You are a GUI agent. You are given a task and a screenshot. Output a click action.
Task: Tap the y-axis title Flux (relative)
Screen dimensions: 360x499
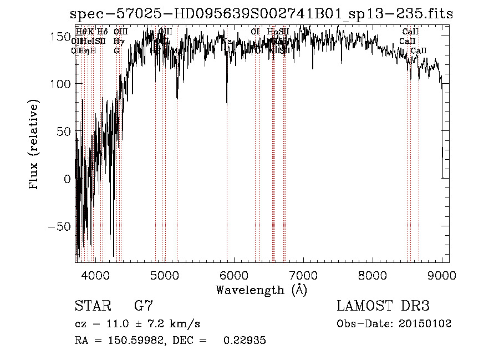[35, 145]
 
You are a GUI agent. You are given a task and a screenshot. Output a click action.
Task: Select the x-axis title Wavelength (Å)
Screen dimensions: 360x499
[261, 290]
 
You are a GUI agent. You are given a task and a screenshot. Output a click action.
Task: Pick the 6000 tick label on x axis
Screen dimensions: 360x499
[234, 275]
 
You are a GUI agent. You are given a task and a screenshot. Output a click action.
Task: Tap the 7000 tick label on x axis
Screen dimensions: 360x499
[303, 275]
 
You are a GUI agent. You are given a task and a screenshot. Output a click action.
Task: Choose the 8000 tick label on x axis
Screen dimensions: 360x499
[373, 275]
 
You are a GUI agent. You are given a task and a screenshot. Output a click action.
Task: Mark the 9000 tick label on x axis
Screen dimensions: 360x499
[442, 275]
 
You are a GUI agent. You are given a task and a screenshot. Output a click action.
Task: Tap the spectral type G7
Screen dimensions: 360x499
[144, 306]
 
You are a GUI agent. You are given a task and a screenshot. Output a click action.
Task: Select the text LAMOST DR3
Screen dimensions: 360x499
[383, 306]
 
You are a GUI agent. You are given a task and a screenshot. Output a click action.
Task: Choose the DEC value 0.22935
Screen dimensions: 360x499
[245, 341]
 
